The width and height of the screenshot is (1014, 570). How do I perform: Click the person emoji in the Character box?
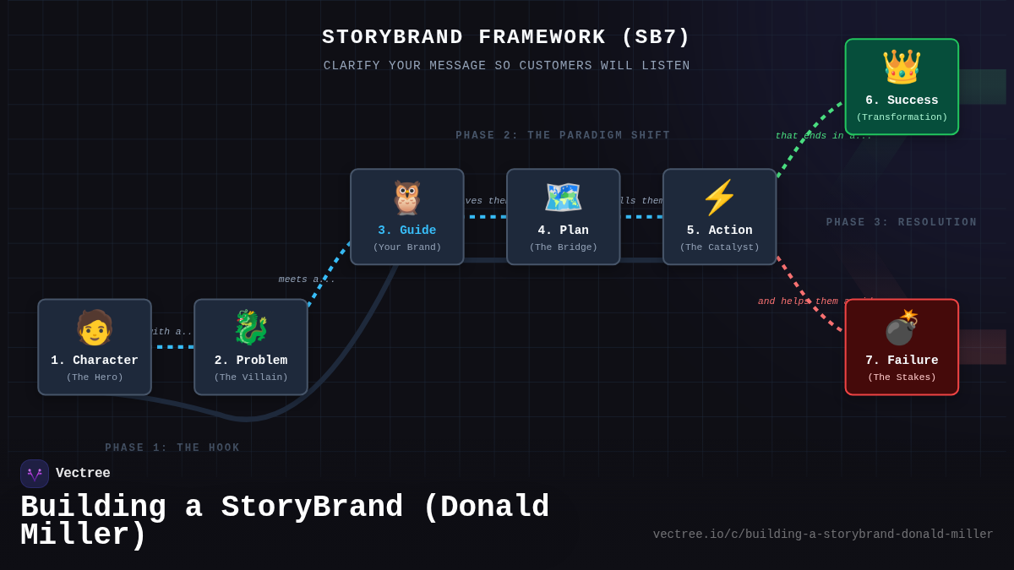click(x=95, y=328)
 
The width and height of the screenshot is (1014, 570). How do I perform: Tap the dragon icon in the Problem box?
click(x=251, y=328)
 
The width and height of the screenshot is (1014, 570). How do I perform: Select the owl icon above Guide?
click(x=407, y=198)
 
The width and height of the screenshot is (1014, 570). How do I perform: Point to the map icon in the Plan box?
click(x=564, y=198)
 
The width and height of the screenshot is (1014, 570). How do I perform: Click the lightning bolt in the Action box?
click(x=720, y=198)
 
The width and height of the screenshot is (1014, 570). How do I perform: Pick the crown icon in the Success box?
click(x=902, y=68)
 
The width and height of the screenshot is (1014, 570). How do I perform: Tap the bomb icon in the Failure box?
click(x=902, y=328)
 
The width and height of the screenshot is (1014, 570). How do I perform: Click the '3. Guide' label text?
click(x=407, y=231)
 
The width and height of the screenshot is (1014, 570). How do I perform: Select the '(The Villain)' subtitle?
click(x=251, y=377)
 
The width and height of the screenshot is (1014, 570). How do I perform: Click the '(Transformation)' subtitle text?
click(x=902, y=117)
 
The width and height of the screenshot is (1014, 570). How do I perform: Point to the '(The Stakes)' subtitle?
click(x=902, y=377)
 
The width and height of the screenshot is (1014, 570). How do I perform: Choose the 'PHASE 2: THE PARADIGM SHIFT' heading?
click(x=563, y=136)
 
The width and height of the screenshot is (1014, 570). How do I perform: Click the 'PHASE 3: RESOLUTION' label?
click(x=902, y=223)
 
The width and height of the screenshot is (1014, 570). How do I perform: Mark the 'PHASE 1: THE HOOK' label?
click(x=172, y=448)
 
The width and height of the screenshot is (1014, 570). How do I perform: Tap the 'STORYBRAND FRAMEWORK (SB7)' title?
click(x=506, y=37)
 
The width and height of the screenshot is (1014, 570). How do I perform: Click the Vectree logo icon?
click(x=35, y=474)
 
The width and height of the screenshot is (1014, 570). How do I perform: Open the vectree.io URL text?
click(x=823, y=535)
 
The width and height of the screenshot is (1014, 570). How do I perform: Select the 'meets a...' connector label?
click(x=307, y=280)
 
